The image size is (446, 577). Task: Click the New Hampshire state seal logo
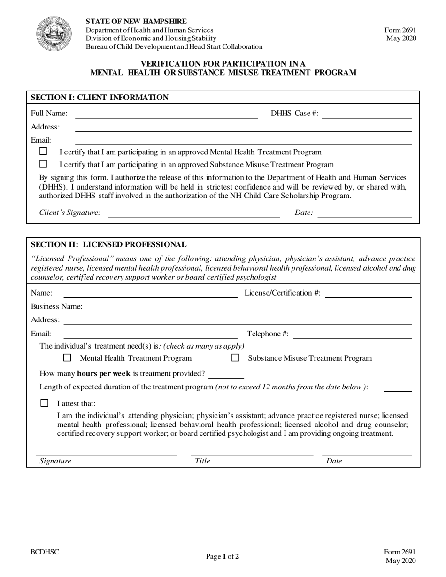[x=54, y=34]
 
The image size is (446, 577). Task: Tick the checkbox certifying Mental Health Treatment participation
[x=43, y=151]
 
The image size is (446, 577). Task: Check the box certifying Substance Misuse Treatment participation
[x=43, y=164]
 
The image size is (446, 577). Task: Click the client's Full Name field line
[x=166, y=114]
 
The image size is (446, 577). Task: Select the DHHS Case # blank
[x=366, y=114]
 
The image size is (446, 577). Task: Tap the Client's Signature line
[x=194, y=214]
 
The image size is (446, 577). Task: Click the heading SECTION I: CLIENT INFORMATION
[x=100, y=98]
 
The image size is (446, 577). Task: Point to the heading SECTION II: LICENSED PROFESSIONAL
[x=108, y=244]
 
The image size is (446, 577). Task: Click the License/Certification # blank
[x=368, y=294]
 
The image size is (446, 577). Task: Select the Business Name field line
[x=249, y=307]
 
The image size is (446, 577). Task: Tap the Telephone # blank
[x=353, y=334]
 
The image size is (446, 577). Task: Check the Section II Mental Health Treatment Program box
[x=67, y=358]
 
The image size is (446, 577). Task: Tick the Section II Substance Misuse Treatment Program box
[x=235, y=358]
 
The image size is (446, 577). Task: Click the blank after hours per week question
[x=226, y=374]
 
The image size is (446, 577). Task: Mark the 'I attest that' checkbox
[x=45, y=403]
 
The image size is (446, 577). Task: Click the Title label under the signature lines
[x=202, y=461]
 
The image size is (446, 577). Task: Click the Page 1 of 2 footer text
[x=223, y=557]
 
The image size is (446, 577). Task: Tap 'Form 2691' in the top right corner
[x=400, y=30]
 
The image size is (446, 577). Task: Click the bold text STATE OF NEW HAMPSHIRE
[x=136, y=22]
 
